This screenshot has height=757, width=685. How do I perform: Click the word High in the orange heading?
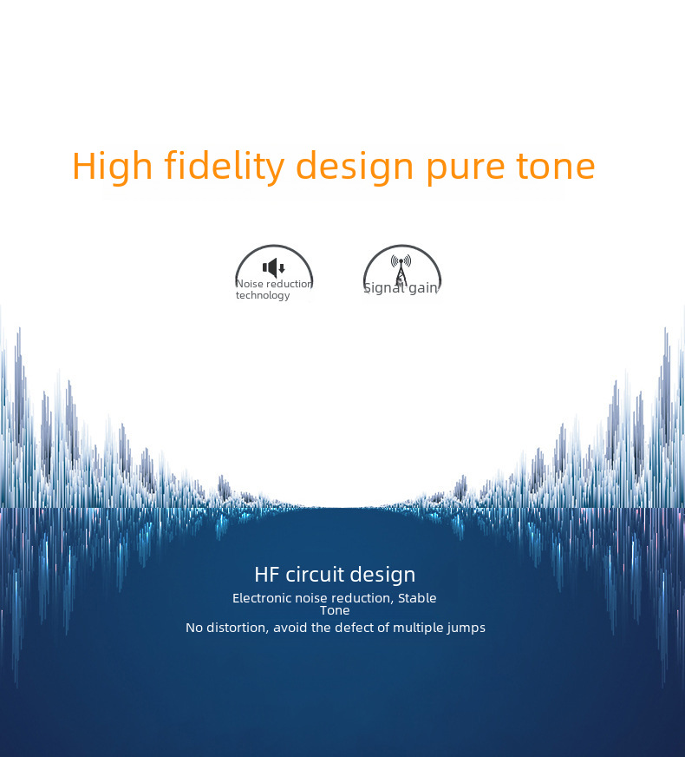[x=113, y=167]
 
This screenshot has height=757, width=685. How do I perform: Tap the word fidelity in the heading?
[x=225, y=167]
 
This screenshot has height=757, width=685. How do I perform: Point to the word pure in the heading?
[x=465, y=170]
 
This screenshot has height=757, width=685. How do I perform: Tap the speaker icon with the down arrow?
[x=274, y=267]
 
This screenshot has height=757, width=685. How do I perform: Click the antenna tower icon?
[x=401, y=270]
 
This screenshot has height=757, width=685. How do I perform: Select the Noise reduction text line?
[x=274, y=284]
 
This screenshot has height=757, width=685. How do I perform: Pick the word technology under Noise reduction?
[x=263, y=295]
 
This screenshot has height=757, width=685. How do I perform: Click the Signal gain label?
[x=401, y=287]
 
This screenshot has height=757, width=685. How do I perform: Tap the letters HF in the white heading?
[x=267, y=575]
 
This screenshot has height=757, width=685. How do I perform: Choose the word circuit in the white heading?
[x=315, y=575]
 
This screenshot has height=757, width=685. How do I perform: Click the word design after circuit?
[x=382, y=576]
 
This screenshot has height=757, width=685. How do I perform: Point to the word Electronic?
[x=262, y=598]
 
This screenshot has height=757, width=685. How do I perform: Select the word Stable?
[x=417, y=598]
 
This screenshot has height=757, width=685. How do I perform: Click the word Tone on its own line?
[x=335, y=610]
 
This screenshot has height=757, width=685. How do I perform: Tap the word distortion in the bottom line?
[x=238, y=628]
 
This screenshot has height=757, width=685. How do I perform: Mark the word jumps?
[x=467, y=629]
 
